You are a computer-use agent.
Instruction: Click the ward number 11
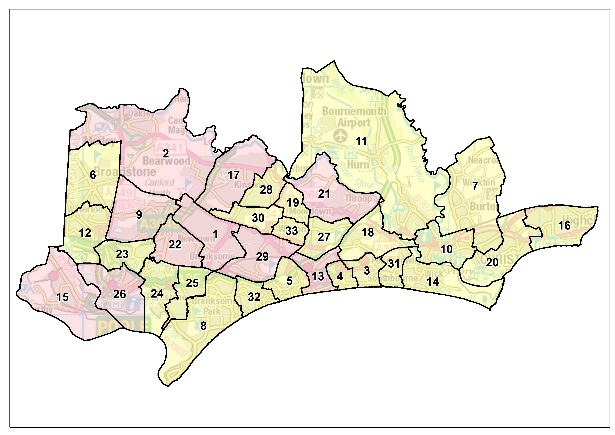[x=361, y=141]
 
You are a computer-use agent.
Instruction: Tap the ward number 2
[x=166, y=153]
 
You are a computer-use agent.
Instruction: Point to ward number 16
[x=564, y=226]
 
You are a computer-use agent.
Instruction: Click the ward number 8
[x=203, y=326]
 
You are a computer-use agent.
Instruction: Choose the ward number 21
[x=324, y=194]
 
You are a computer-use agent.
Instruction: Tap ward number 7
[x=475, y=186]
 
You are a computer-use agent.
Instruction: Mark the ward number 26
[x=119, y=294]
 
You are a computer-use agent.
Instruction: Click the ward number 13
[x=318, y=277]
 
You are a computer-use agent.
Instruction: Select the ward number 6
[x=93, y=175]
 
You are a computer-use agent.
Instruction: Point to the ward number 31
[x=394, y=264]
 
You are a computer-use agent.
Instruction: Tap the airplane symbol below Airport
[x=341, y=135]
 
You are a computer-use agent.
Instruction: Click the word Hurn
[x=358, y=164]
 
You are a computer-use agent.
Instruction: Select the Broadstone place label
[x=125, y=172]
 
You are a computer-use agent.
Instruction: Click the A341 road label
[x=170, y=147]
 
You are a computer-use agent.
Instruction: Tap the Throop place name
[x=358, y=198]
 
